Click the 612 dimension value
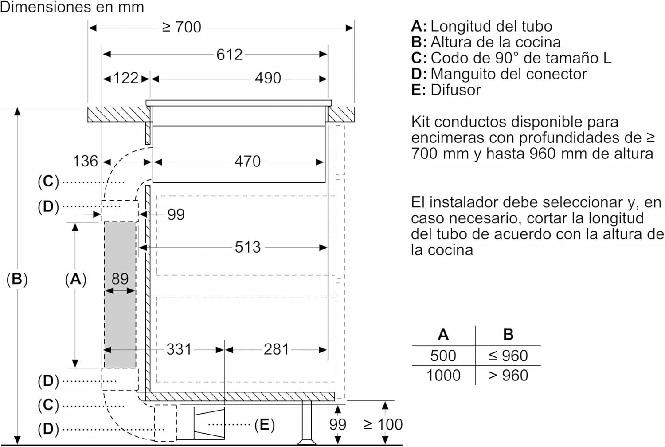(x=229, y=55)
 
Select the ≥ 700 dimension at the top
(x=182, y=28)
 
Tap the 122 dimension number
(x=126, y=79)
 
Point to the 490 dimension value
(x=268, y=79)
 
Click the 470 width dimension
(x=247, y=162)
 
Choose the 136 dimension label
(x=85, y=161)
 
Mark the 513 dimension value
(x=247, y=247)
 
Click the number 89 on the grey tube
(x=120, y=279)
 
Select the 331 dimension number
(x=179, y=349)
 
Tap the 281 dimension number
(x=276, y=349)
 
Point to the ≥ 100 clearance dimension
(x=383, y=425)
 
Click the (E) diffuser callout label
(x=264, y=425)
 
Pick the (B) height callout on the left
(x=17, y=279)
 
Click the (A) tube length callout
(x=75, y=279)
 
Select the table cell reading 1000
(x=443, y=376)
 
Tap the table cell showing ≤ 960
(x=508, y=356)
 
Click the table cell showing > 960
(x=508, y=376)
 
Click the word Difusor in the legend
(x=455, y=90)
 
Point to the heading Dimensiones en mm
(x=72, y=7)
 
